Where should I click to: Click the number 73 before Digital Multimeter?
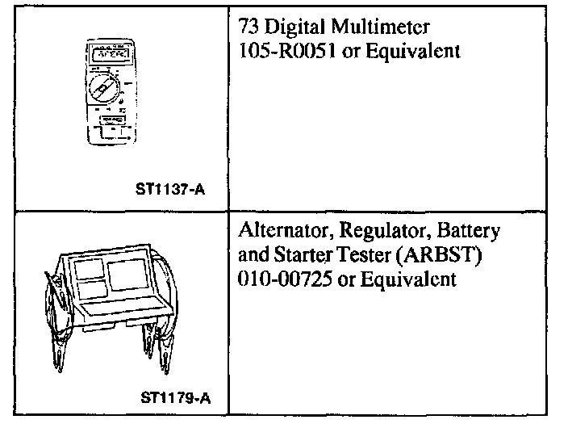coord(250,27)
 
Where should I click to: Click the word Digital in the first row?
coord(292,27)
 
